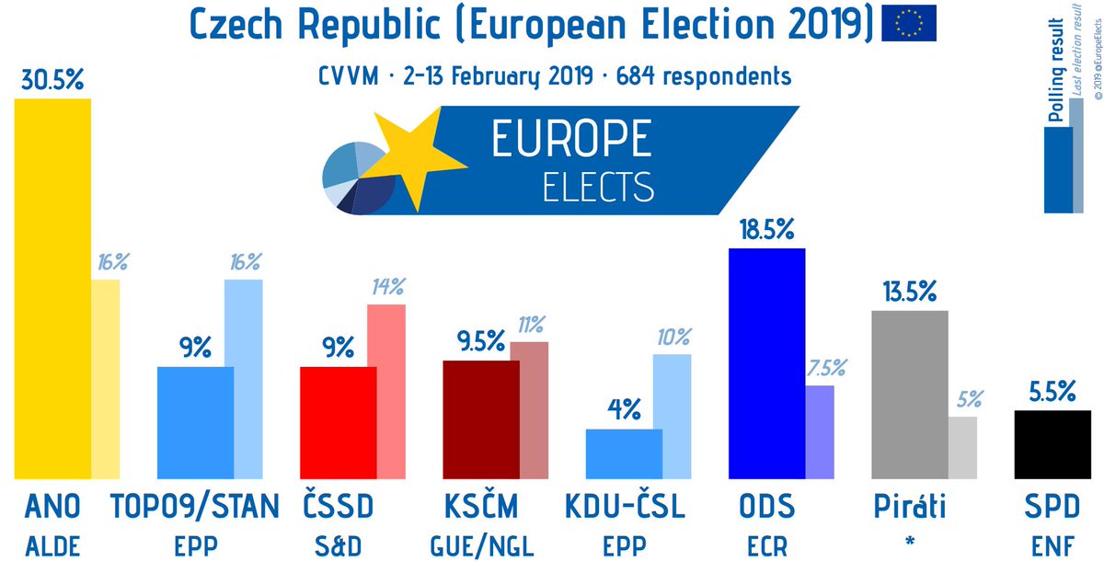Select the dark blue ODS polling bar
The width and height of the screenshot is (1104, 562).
pos(765,363)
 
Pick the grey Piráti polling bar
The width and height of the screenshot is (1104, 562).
pos(908,395)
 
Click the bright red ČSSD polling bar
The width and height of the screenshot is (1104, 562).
pos(339,422)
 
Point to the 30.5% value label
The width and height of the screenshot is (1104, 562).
pos(52,81)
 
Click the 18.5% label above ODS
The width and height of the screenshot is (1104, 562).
pos(765,230)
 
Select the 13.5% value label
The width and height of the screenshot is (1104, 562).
pos(908,293)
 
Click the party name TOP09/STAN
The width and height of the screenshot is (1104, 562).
pos(194,506)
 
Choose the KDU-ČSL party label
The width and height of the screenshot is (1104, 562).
pos(624,506)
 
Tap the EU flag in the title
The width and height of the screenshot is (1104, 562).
pos(909,23)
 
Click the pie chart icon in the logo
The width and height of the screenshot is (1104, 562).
pos(358,178)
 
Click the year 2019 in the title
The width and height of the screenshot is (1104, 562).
pos(825,23)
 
